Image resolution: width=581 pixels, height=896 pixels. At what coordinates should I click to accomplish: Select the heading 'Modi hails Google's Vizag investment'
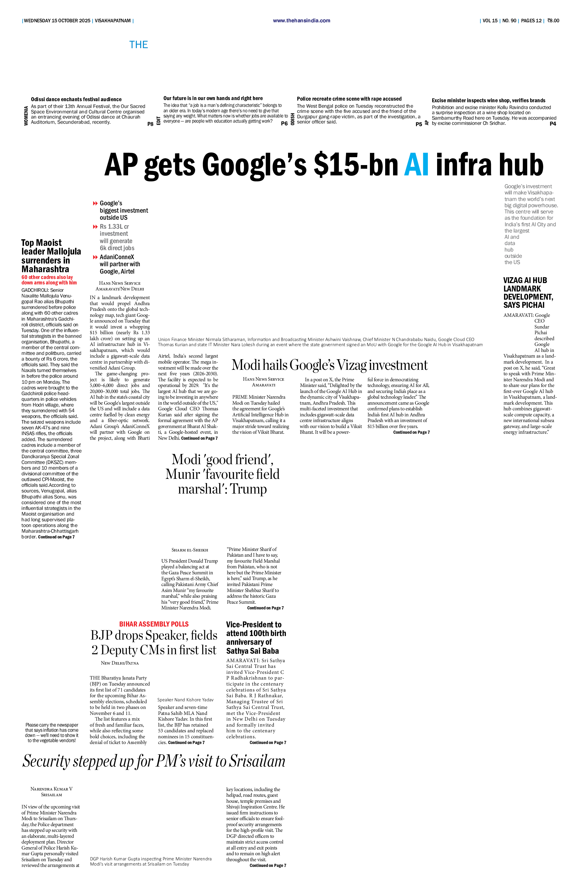(x=329, y=365)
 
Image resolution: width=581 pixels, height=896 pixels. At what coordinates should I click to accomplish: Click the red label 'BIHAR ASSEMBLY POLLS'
(x=154, y=624)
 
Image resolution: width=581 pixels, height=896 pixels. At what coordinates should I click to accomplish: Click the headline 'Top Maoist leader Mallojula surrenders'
(x=51, y=256)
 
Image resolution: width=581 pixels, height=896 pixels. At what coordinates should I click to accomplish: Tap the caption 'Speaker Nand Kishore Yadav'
(x=185, y=700)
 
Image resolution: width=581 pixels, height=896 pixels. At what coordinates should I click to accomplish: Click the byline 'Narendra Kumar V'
(x=52, y=789)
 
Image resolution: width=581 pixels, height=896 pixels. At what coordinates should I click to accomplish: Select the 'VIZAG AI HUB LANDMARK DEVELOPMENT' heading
(x=528, y=293)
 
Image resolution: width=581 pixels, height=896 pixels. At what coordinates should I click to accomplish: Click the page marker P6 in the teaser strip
(x=284, y=123)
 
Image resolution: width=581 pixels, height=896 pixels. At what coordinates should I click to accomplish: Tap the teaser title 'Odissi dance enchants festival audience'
(x=76, y=99)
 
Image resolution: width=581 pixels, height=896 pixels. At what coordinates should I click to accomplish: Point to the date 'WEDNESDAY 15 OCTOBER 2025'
(x=57, y=21)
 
